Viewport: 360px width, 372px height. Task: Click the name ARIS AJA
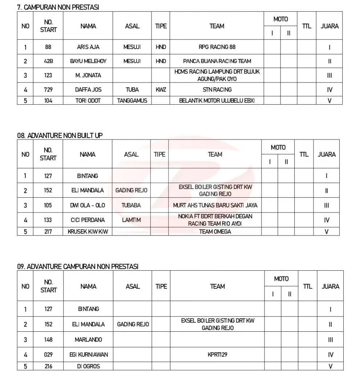(88, 47)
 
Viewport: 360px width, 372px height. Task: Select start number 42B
(48, 61)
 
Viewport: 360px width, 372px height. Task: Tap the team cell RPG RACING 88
(217, 47)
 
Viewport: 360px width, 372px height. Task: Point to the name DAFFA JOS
(88, 89)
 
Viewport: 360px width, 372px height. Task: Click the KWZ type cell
(161, 89)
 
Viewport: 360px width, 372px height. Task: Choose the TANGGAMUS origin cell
(132, 101)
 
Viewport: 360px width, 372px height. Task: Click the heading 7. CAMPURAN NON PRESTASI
(58, 7)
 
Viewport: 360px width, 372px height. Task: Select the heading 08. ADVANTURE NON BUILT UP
(60, 135)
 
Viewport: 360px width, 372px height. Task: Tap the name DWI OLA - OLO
(88, 205)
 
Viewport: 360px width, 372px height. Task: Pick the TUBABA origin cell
(131, 205)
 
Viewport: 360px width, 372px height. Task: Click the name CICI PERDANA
(88, 220)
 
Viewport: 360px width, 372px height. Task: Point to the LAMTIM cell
(131, 220)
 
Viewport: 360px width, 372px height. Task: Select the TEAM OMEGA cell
(215, 231)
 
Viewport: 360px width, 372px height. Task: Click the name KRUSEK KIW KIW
(88, 231)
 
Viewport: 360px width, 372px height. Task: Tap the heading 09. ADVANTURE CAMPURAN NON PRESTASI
(78, 266)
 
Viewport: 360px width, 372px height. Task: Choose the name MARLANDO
(88, 340)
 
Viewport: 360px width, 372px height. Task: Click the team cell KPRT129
(217, 355)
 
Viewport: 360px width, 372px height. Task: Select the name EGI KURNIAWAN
(88, 355)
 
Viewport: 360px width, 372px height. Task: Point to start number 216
(48, 366)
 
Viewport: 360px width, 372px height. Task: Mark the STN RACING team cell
(217, 89)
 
